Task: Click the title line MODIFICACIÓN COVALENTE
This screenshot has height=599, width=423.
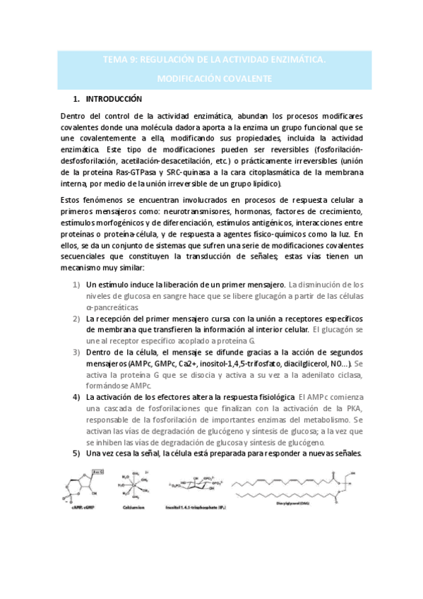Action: coord(213,79)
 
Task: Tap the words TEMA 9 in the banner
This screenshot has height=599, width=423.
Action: coord(119,61)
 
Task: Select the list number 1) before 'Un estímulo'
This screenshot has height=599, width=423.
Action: coord(76,284)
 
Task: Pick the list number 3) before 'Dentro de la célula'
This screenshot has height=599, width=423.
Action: coord(76,352)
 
